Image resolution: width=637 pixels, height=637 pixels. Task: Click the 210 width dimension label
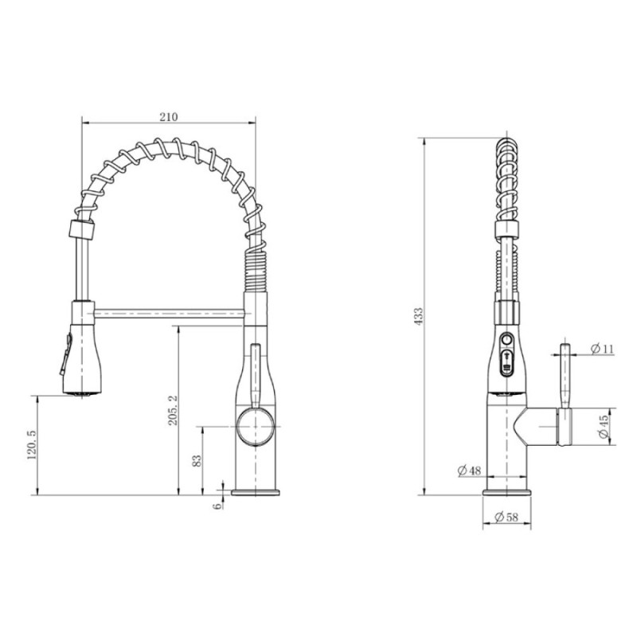click(169, 117)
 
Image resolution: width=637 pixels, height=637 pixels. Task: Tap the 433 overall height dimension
click(419, 316)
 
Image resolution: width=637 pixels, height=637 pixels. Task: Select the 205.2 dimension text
click(173, 410)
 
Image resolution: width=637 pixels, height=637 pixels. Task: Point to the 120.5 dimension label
click(32, 445)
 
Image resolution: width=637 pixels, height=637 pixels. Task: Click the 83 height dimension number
click(197, 461)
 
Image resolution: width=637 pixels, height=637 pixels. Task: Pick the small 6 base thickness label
click(218, 506)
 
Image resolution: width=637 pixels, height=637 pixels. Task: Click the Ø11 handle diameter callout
click(603, 349)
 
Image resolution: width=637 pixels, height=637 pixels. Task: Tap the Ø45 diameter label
click(604, 426)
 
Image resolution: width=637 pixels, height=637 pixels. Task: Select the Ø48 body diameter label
click(469, 471)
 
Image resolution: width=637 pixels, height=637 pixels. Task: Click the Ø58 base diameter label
click(506, 517)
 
